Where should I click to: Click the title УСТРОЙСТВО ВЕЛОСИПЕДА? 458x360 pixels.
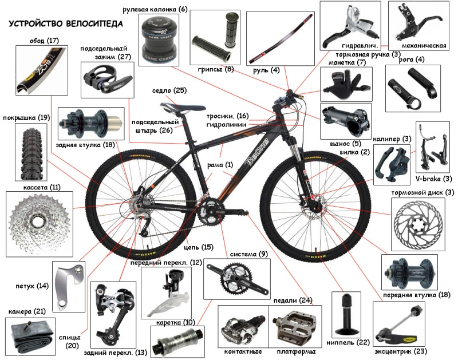(65, 23)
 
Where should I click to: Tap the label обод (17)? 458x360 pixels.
(44, 40)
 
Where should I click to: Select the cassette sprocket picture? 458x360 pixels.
(40, 224)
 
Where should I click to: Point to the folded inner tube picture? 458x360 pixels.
(30, 337)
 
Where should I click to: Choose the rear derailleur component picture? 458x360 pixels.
(112, 314)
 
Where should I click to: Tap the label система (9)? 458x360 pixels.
(249, 254)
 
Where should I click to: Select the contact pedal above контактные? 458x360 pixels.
(243, 329)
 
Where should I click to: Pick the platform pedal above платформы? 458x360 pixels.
(295, 326)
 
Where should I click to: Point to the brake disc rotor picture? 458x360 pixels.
(418, 224)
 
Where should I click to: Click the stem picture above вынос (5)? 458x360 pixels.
(346, 121)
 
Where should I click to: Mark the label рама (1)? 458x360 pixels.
(220, 165)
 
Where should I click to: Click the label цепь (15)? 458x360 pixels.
(199, 247)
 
